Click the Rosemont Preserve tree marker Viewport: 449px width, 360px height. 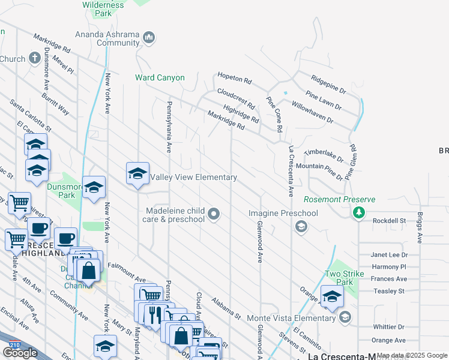(x=359, y=212)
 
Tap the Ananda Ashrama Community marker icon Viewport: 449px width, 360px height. (x=149, y=38)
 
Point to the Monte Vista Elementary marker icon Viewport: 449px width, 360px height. (x=345, y=317)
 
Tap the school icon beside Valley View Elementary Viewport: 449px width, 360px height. (x=137, y=174)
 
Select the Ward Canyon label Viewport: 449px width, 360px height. (x=160, y=78)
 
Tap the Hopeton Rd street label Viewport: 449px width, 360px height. (x=235, y=79)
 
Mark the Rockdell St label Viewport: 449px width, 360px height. (x=389, y=221)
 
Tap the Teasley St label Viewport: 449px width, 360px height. (x=388, y=291)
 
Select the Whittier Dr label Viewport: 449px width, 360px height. (x=388, y=327)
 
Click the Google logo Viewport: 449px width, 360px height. (x=20, y=353)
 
